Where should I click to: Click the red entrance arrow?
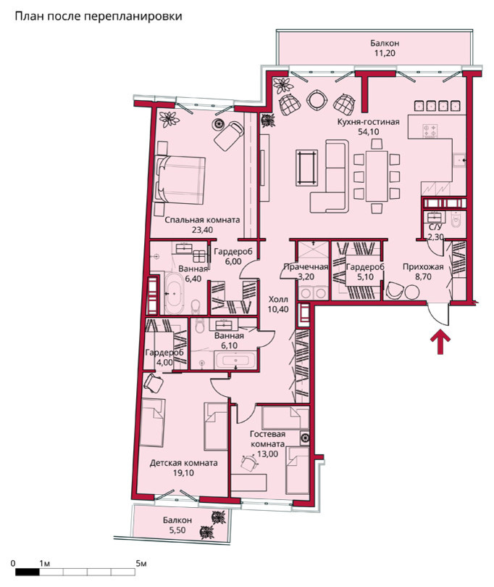(x=441, y=342)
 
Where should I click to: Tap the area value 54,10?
(x=368, y=131)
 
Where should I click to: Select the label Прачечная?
(x=306, y=267)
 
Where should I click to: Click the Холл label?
(x=278, y=299)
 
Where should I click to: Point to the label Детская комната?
(x=183, y=463)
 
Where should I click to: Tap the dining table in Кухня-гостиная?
(x=377, y=176)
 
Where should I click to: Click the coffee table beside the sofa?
(x=307, y=168)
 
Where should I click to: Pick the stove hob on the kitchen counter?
(x=430, y=131)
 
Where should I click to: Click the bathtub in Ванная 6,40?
(x=174, y=293)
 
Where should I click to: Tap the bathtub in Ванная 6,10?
(x=235, y=361)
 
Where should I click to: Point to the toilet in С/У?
(x=456, y=221)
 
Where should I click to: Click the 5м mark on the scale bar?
(x=141, y=563)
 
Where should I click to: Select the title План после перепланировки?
(x=99, y=17)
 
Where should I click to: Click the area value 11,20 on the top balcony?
(x=385, y=53)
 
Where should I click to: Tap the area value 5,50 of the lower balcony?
(x=177, y=530)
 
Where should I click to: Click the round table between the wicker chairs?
(x=317, y=100)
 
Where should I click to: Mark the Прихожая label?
(x=423, y=267)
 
